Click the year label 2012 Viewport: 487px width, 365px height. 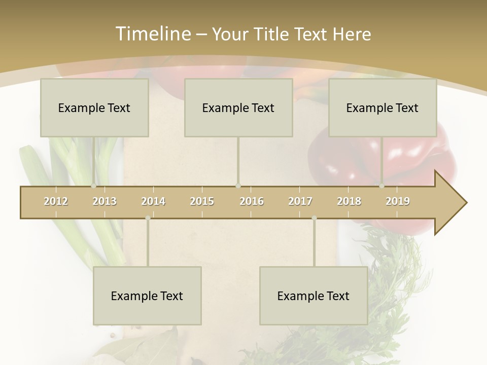point(56,201)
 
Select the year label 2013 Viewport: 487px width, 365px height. point(105,201)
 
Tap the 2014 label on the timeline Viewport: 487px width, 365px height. point(153,201)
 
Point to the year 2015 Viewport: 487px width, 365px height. point(202,201)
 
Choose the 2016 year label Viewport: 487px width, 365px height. point(252,201)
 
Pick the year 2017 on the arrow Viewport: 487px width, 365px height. point(300,201)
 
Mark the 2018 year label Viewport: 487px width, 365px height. point(349,201)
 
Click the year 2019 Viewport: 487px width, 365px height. point(398,201)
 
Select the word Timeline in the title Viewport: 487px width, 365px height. point(152,34)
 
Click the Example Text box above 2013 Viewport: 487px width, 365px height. point(94,107)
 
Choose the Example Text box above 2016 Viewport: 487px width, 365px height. point(238,107)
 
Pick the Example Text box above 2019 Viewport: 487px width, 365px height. point(382,107)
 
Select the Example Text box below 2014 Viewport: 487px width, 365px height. point(147,296)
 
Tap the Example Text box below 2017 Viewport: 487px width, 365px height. point(314,296)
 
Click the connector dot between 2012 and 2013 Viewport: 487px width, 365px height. point(93,186)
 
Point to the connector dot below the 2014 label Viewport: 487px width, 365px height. point(148,218)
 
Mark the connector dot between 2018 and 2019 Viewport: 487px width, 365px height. point(382,186)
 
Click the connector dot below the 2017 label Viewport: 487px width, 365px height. point(314,218)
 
